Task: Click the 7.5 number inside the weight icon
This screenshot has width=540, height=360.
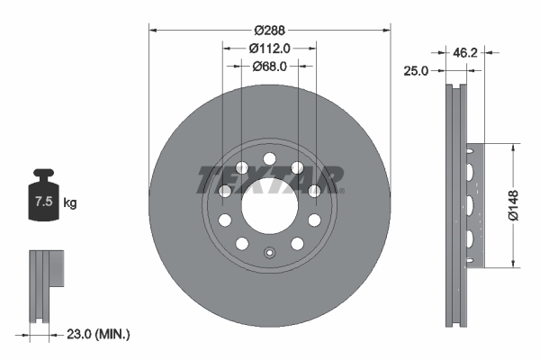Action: click(41, 202)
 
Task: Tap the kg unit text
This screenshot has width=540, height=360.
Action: click(69, 203)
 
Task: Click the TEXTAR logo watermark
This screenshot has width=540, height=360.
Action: click(268, 179)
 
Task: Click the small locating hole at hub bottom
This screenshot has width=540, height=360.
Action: click(269, 252)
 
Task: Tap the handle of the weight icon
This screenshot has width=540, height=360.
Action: click(41, 175)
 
